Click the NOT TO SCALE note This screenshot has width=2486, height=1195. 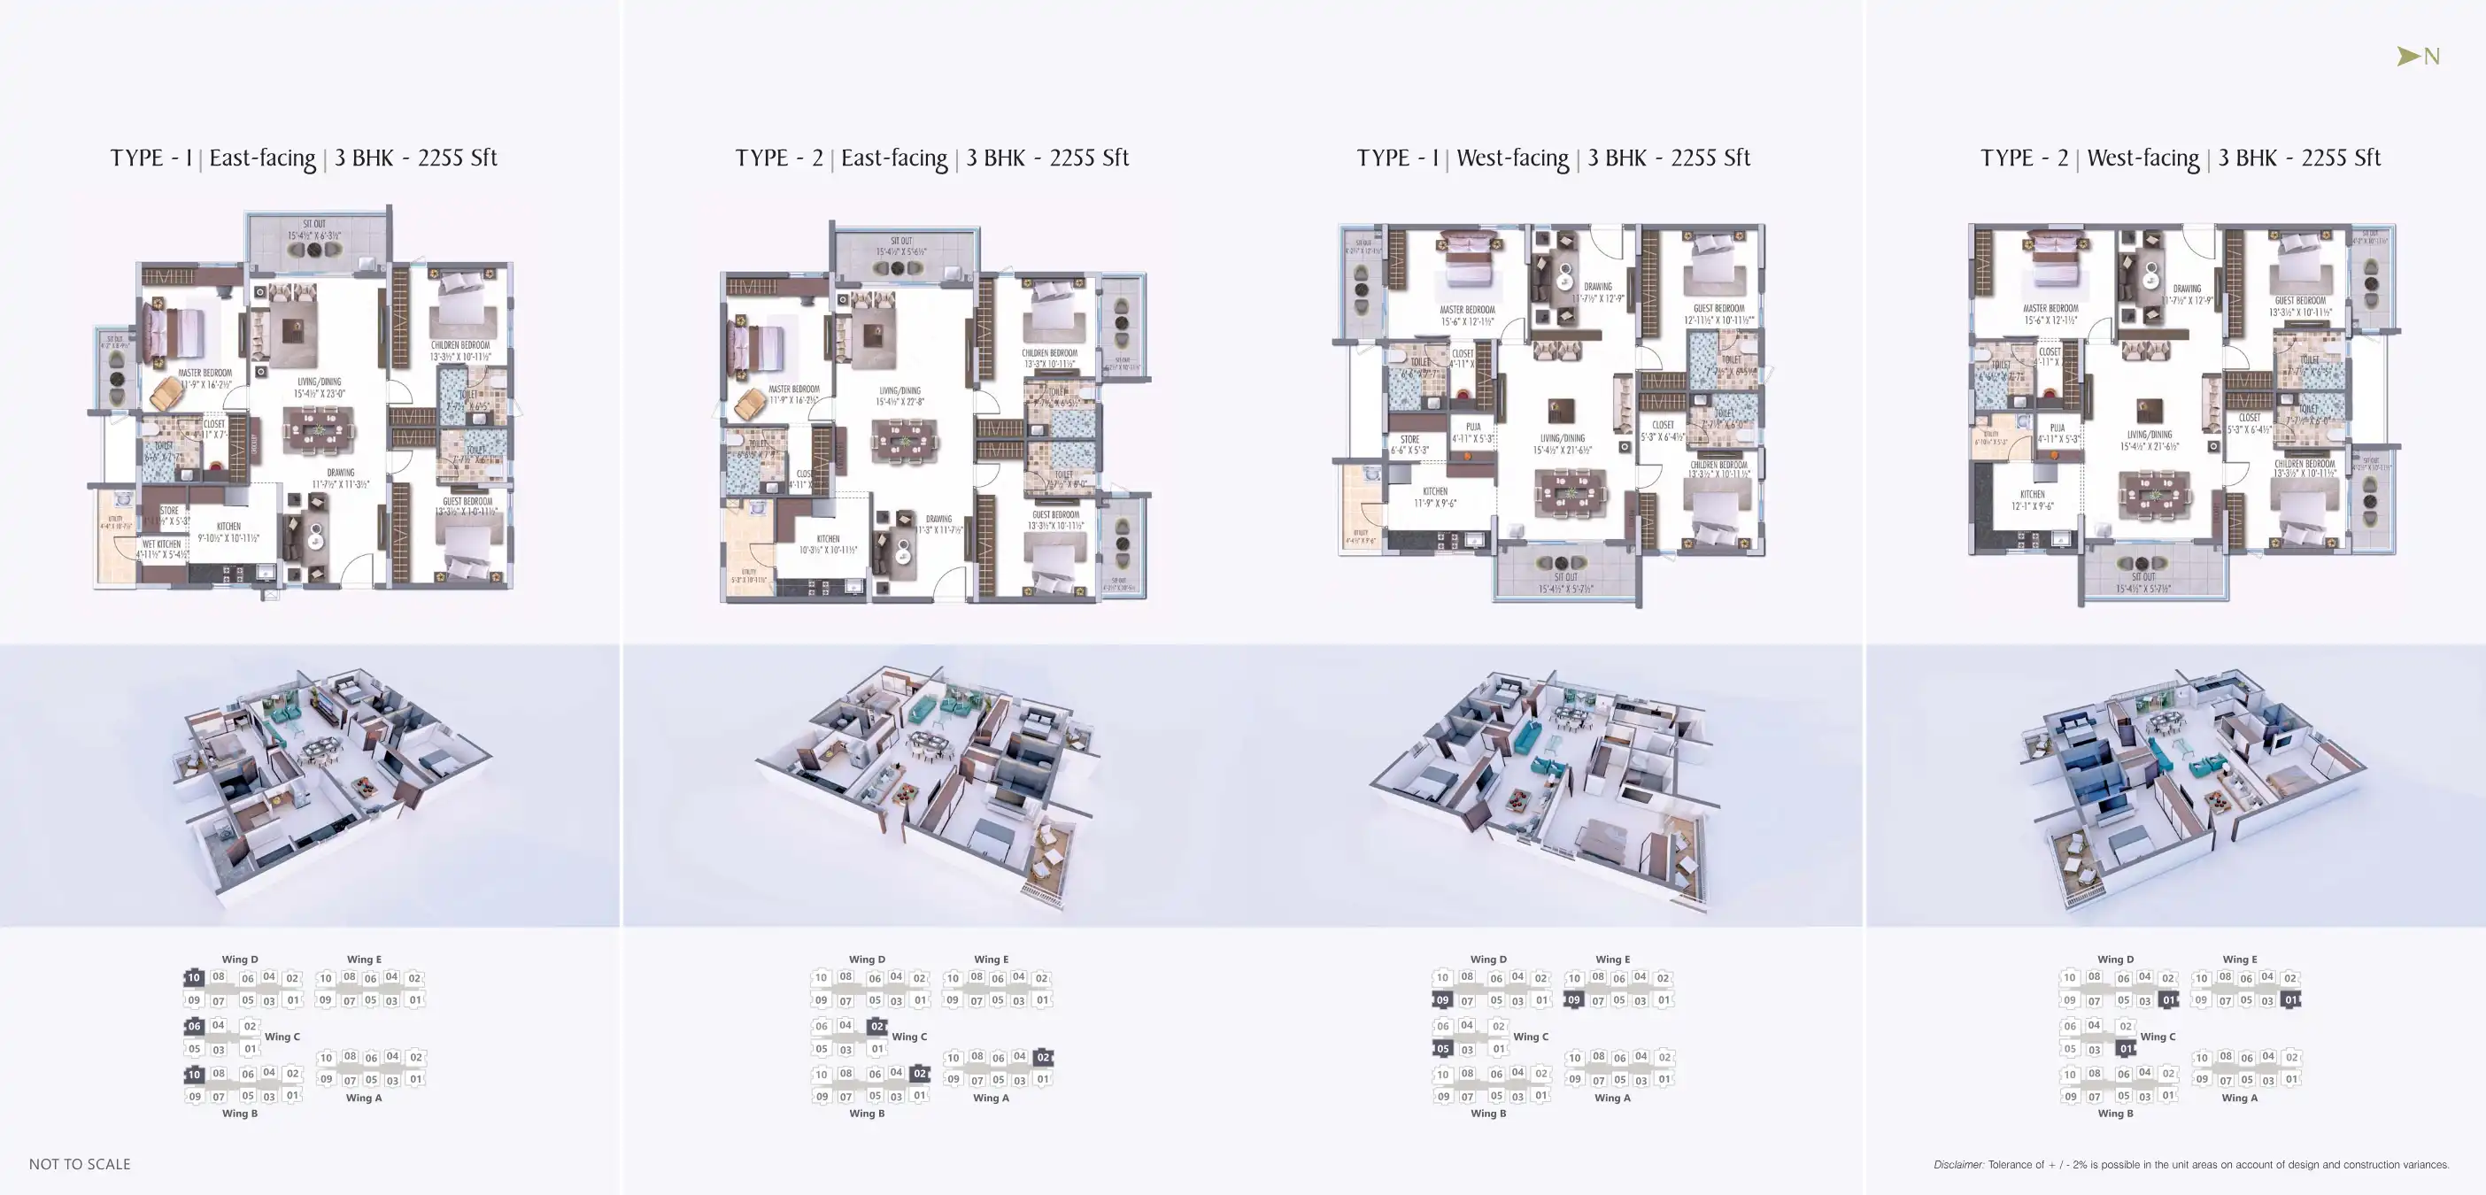(79, 1164)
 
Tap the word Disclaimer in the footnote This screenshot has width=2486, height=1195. (1958, 1165)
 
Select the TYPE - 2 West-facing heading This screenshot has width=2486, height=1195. (2180, 158)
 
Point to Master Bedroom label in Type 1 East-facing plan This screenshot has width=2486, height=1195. (205, 373)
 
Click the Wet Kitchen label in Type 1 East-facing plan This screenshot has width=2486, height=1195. (161, 544)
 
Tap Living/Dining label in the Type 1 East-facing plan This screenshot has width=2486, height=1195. (319, 382)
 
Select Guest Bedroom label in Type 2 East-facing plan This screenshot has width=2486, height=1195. (1054, 514)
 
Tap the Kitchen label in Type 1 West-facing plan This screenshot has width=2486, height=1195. (1435, 491)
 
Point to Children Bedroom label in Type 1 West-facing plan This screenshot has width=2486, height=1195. (1718, 466)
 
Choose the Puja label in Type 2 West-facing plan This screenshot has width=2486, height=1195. (2058, 428)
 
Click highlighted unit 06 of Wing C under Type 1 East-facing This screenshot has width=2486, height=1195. (194, 1026)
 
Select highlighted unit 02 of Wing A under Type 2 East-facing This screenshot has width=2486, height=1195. (1042, 1057)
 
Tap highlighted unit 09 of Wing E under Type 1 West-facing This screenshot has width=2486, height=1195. (1573, 1000)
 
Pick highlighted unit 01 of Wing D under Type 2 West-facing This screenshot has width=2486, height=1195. (2168, 1000)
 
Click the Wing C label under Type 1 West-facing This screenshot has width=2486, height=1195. (1531, 1037)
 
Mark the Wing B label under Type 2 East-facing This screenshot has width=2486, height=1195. (867, 1113)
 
